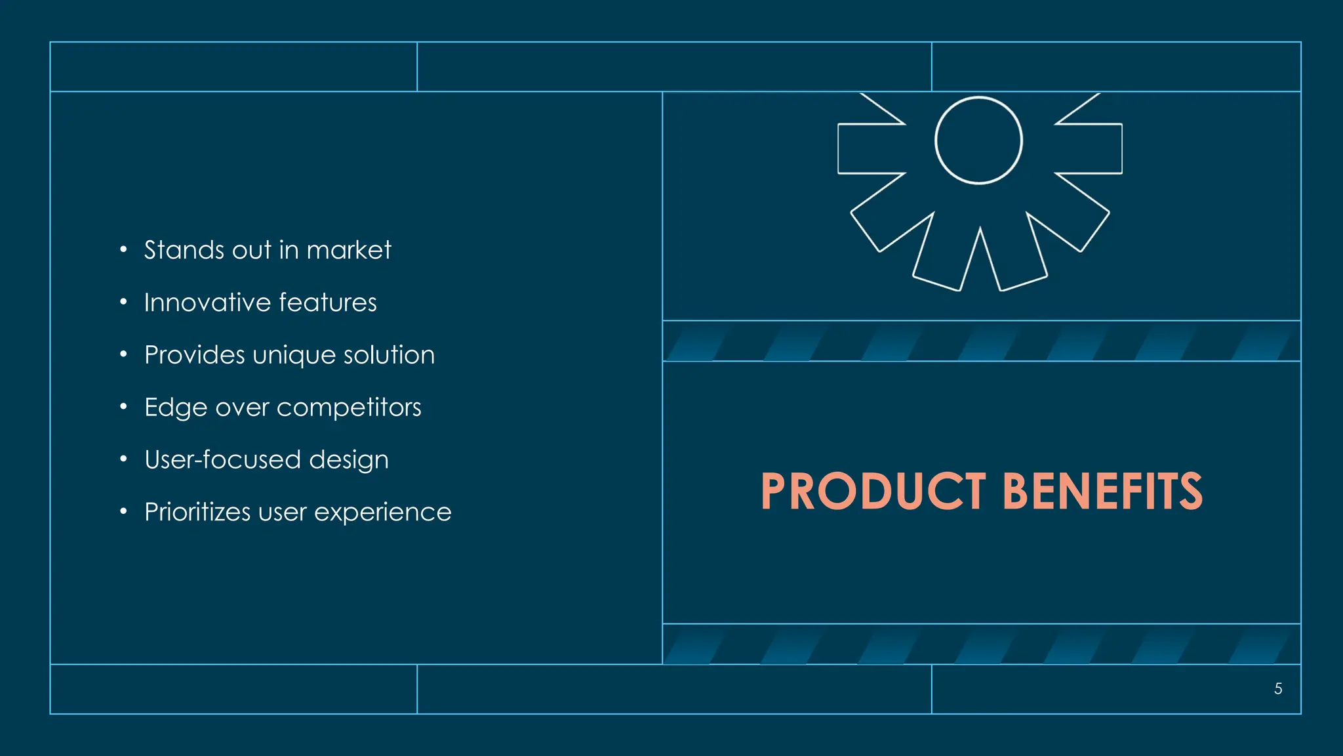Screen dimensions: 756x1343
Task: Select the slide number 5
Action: [1278, 688]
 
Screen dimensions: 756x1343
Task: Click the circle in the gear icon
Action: [978, 140]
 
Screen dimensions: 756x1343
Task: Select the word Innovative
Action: [207, 303]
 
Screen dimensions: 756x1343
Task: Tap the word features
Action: [327, 303]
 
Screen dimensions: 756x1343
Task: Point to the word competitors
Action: [349, 408]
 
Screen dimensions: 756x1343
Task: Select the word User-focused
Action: [222, 459]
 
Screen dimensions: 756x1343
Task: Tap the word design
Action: [349, 461]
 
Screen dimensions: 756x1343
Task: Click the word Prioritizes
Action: [197, 512]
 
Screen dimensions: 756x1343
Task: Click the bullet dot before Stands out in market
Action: [123, 249]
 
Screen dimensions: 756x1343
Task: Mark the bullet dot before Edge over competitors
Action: [123, 407]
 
